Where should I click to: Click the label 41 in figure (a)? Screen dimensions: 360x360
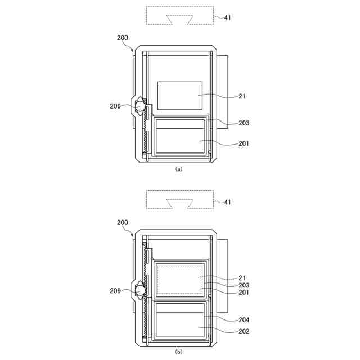tap(227, 17)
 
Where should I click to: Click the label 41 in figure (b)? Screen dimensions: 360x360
tap(227, 202)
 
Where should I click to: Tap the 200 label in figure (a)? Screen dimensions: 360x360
tap(123, 38)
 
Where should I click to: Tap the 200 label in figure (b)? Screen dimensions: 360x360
tap(123, 222)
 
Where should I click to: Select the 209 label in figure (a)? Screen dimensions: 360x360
tap(115, 106)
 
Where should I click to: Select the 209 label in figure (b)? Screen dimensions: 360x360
tap(115, 291)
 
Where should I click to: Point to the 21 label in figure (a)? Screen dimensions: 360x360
tap(242, 96)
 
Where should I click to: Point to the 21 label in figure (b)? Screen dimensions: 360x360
tap(242, 278)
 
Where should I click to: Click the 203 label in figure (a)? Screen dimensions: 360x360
tap(244, 123)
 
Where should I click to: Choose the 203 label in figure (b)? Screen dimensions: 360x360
tap(244, 285)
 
